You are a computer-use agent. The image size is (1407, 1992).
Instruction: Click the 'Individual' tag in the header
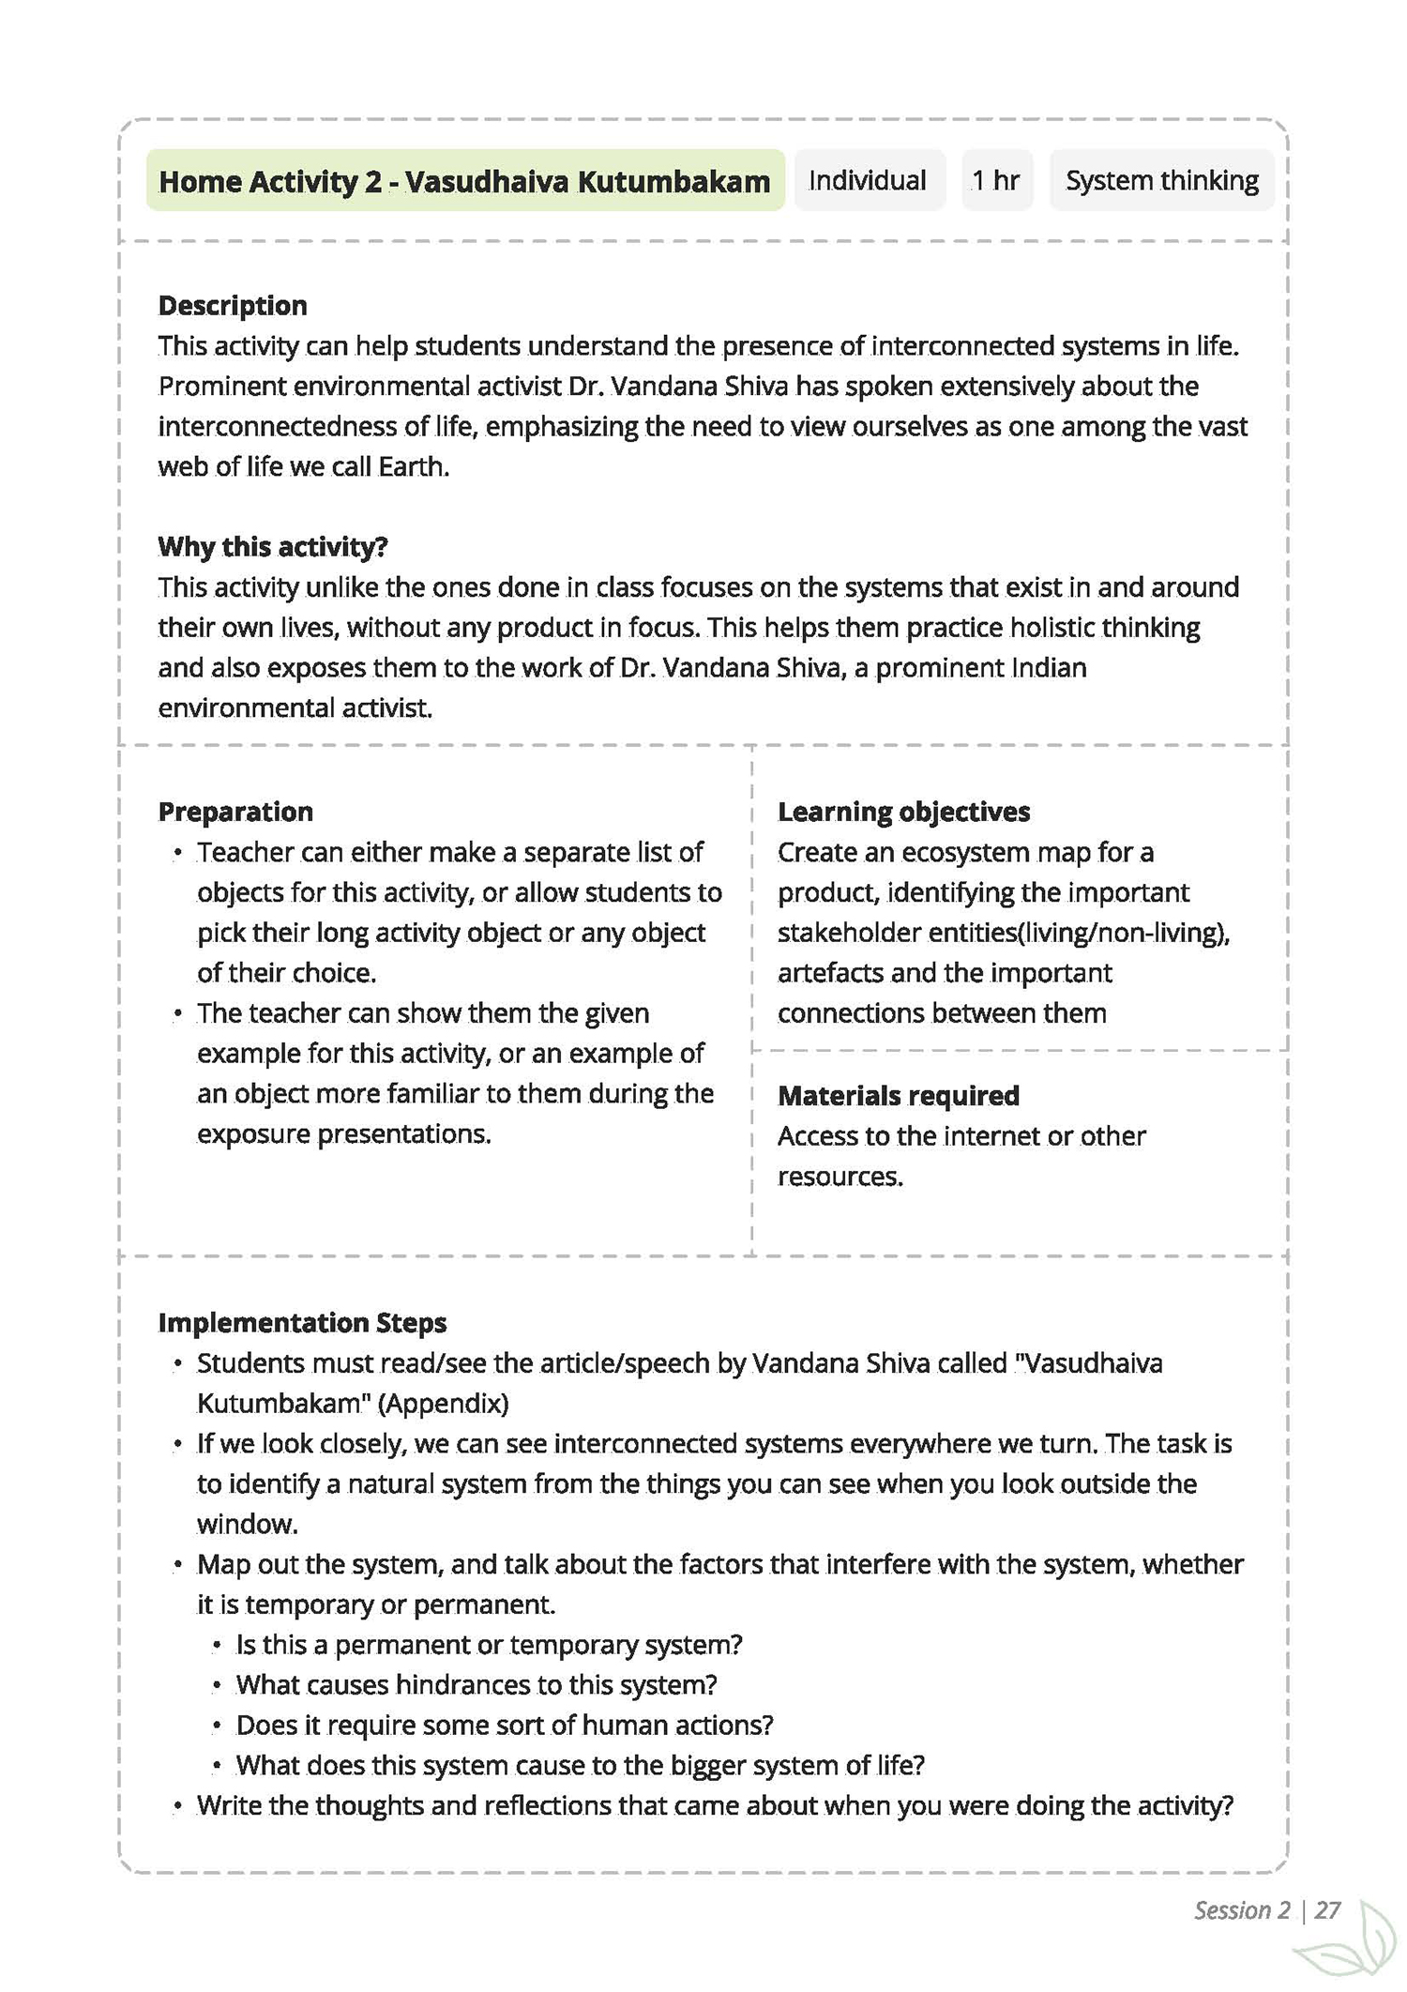pos(868,180)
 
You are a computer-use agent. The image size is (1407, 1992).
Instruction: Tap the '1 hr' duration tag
pos(996,180)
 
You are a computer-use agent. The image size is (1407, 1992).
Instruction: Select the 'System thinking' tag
pos(1161,180)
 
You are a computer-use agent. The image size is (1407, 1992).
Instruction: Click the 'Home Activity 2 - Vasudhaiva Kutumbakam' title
pos(464,181)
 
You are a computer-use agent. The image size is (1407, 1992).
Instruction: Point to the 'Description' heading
pos(233,306)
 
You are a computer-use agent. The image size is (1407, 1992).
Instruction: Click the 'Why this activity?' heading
pos(273,547)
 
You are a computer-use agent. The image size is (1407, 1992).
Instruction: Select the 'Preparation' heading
pos(235,812)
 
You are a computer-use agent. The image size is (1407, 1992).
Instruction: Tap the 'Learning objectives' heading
pos(903,812)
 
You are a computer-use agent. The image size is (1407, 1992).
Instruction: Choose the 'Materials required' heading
pos(899,1096)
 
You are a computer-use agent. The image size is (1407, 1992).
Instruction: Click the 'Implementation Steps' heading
pos(302,1323)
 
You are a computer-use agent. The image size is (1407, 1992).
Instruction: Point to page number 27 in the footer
pos(1327,1910)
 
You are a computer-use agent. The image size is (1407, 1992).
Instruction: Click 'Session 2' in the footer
pos(1242,1910)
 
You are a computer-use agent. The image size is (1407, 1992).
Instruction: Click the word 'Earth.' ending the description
pos(414,467)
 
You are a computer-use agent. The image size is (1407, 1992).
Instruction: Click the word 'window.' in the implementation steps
pos(248,1525)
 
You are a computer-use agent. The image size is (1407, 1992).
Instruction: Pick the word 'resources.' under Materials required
pos(840,1177)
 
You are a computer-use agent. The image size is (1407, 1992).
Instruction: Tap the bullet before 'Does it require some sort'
pos(217,1726)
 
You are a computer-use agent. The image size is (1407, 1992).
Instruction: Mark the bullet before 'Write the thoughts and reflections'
pos(177,1807)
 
